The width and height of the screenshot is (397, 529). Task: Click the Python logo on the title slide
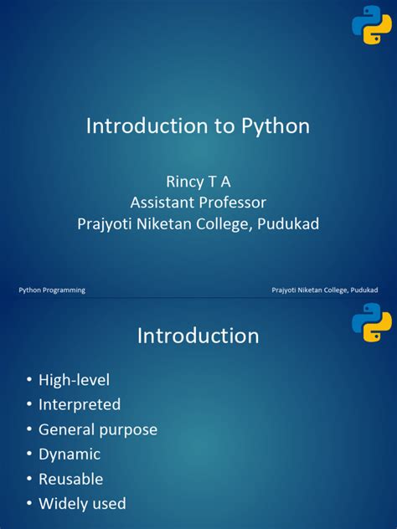click(371, 25)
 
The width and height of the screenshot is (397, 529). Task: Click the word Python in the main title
click(276, 126)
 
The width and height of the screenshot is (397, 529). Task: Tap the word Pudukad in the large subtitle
click(285, 223)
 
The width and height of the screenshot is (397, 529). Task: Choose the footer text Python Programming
click(52, 290)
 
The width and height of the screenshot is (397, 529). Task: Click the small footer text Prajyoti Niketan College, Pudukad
click(324, 290)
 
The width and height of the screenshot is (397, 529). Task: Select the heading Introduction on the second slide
click(198, 336)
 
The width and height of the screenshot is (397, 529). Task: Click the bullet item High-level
click(74, 380)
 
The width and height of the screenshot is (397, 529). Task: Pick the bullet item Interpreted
click(80, 404)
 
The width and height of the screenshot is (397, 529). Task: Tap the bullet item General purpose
click(97, 429)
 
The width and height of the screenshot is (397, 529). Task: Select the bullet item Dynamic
click(70, 455)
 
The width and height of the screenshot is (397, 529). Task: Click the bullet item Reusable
click(71, 479)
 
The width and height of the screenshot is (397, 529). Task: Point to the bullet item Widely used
click(82, 504)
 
